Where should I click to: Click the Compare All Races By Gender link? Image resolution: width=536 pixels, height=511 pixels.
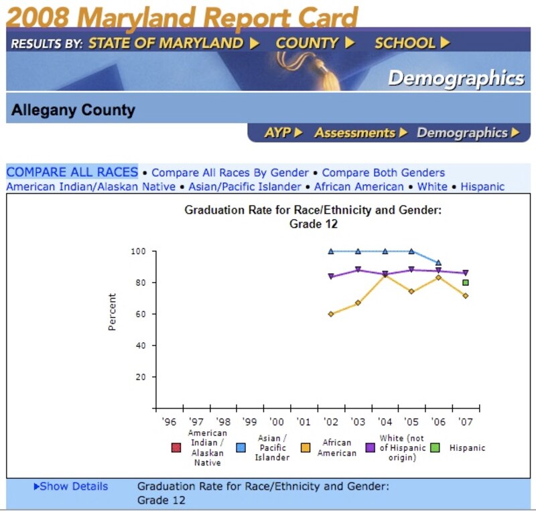[230, 173]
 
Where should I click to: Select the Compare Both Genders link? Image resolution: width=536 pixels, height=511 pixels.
[383, 173]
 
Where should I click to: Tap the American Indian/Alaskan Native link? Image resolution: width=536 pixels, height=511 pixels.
[91, 187]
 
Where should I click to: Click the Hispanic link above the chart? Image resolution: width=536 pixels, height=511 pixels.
[482, 187]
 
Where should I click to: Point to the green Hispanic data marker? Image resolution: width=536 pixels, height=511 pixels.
[466, 283]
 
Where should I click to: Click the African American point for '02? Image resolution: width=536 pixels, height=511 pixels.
[331, 314]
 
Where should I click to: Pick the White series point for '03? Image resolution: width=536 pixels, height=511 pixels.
[358, 270]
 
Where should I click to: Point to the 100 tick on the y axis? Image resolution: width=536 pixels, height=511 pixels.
[138, 251]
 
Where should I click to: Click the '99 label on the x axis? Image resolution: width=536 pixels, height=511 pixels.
[250, 423]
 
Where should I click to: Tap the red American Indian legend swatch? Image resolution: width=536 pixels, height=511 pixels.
[176, 447]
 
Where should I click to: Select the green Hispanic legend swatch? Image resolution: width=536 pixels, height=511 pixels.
[435, 447]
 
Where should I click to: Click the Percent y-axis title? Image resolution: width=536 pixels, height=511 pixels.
[113, 311]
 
